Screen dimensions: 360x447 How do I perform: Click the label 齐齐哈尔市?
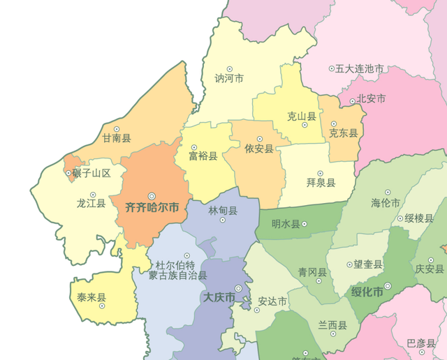point(152,208)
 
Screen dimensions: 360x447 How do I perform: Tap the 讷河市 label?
point(229,79)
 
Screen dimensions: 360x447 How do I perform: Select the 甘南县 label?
point(117,139)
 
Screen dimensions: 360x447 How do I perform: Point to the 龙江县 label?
point(91,204)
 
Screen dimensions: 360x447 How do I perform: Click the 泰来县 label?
point(91,298)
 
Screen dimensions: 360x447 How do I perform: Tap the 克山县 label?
point(302,117)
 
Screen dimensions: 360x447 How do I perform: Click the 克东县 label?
point(344,133)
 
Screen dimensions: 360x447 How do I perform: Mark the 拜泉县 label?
point(321,183)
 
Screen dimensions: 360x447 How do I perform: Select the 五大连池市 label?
point(360,69)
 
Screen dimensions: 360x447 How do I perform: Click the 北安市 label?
point(371,99)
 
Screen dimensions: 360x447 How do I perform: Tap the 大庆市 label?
point(219,298)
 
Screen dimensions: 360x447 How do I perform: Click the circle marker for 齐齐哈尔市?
point(152,197)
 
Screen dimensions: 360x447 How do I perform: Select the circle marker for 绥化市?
point(388,286)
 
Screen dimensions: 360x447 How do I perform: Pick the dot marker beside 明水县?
point(305,224)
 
